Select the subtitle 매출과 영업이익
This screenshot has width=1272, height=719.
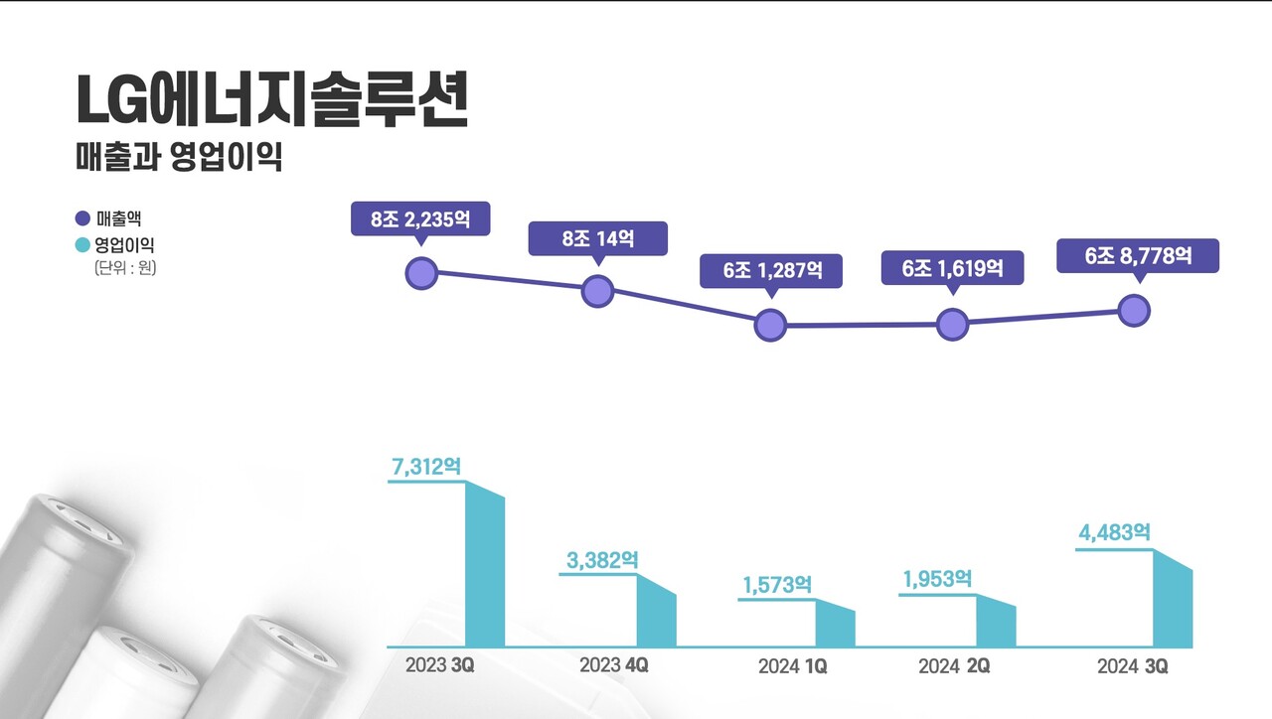pos(179,157)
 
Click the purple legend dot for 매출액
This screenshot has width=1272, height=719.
pos(82,218)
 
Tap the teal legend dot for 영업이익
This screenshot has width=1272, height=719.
pos(82,244)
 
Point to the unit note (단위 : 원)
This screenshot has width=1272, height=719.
pos(126,268)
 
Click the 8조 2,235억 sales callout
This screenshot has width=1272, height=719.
pos(420,219)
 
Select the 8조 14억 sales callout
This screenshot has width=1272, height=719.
pos(597,238)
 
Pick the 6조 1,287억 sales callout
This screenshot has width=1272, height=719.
pos(771,271)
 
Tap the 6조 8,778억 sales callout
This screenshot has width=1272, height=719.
pos(1138,255)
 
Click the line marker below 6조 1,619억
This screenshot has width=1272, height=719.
pos(952,324)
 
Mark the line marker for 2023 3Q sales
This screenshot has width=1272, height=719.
pos(422,273)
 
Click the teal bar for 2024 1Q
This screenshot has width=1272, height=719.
pos(835,625)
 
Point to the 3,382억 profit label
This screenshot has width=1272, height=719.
pos(602,561)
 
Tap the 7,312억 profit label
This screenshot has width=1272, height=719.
pos(427,467)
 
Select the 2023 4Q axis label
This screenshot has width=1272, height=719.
pos(614,665)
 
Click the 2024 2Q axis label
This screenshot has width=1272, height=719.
pos(954,666)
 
